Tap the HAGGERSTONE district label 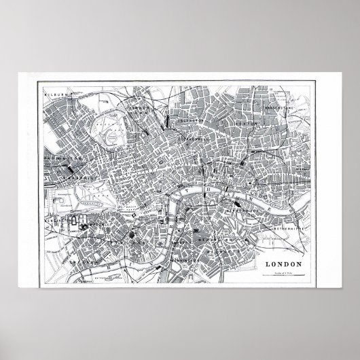pyautogui.click(x=278, y=107)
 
